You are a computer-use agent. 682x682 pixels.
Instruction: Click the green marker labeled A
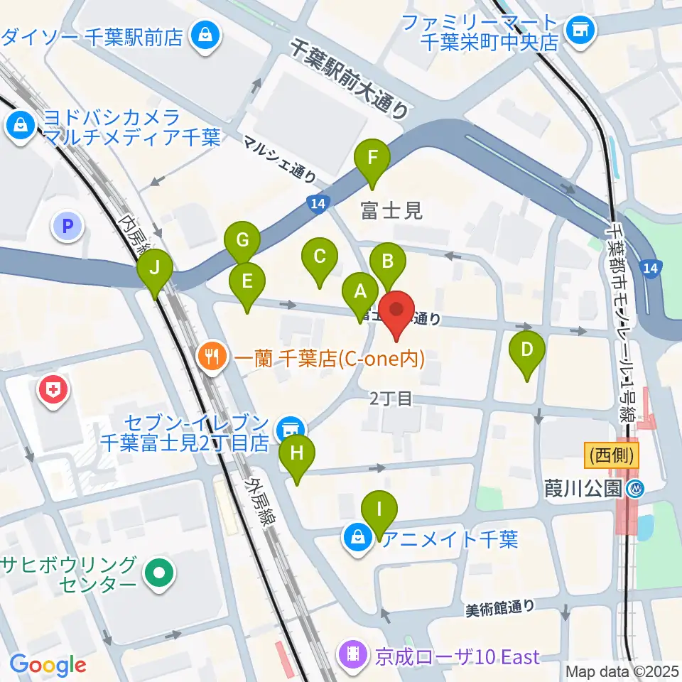(x=360, y=291)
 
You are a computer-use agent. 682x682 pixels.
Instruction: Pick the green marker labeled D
(x=526, y=350)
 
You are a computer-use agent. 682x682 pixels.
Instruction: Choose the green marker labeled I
(x=379, y=510)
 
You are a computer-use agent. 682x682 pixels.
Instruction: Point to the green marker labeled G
(x=242, y=240)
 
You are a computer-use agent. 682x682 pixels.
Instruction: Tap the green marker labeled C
(x=320, y=256)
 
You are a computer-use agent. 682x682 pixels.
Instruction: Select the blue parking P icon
(x=68, y=227)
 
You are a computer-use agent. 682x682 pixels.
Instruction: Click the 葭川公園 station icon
(x=636, y=489)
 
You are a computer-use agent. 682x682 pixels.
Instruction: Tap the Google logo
(x=48, y=665)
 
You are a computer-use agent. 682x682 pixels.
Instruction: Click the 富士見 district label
(x=391, y=210)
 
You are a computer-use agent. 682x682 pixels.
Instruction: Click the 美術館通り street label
(x=501, y=609)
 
